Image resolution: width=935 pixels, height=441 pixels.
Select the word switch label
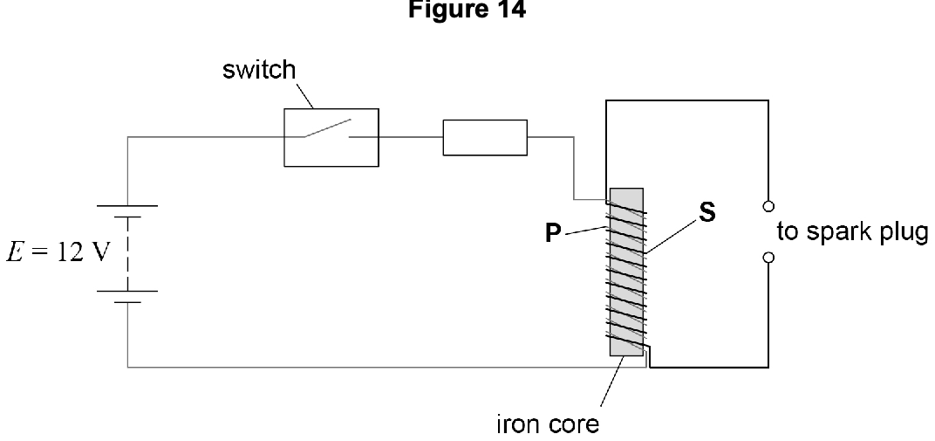coord(259,70)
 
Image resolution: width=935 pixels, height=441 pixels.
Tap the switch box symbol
coord(331,137)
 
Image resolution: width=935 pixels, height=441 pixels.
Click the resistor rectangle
coord(485,137)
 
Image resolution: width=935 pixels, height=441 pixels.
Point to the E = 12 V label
coord(58,252)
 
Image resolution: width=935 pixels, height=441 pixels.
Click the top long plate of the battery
coord(127,206)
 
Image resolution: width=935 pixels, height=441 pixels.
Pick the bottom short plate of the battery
coord(127,302)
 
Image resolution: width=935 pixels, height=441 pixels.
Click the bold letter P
coord(553,233)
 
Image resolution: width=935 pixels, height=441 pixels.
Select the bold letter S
coord(706,213)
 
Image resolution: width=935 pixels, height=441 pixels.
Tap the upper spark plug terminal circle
coord(768,206)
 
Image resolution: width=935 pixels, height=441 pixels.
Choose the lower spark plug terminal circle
coord(768,258)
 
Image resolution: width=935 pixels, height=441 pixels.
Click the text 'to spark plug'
coord(853,232)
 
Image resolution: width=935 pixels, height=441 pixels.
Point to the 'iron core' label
coord(548,424)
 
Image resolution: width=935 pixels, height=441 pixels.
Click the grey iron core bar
coord(626,272)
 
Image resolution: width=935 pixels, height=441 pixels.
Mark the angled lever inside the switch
coord(327,127)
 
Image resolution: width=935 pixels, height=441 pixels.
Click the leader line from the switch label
coord(304,96)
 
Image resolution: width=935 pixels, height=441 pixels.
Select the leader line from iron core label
coord(611,382)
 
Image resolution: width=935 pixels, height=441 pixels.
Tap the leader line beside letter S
coord(670,237)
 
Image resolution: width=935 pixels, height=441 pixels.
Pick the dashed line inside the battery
coord(127,254)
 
